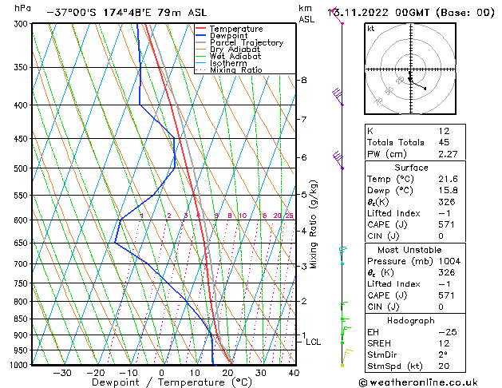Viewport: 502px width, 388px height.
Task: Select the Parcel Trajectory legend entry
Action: (x=246, y=43)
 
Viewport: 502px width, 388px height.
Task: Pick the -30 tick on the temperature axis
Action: (x=62, y=373)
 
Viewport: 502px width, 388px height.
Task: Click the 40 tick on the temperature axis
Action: (x=294, y=373)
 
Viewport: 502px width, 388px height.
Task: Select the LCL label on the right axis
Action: (x=314, y=342)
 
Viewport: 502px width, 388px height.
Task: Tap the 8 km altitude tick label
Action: (x=304, y=80)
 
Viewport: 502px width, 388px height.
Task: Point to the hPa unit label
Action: (x=23, y=8)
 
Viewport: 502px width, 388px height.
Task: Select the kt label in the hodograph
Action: (x=371, y=28)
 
